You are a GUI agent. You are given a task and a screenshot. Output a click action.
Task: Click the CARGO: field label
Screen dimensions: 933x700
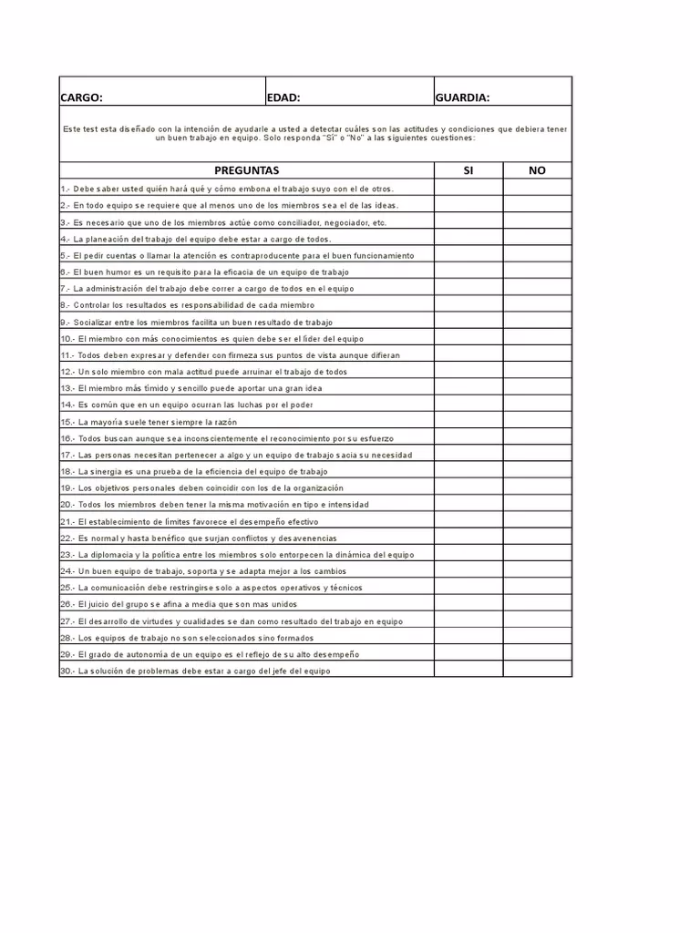(81, 97)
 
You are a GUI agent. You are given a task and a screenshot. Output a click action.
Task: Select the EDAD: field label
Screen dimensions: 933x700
(283, 97)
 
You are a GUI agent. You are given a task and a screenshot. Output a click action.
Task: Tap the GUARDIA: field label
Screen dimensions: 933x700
(463, 97)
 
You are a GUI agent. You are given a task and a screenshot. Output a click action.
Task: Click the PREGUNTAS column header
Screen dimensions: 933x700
(246, 170)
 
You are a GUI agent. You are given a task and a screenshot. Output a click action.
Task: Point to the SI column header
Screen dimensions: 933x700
(468, 170)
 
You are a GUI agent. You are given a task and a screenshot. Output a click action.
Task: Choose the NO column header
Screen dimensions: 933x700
(537, 170)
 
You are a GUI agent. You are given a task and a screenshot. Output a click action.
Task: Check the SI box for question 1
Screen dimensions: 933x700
(468, 189)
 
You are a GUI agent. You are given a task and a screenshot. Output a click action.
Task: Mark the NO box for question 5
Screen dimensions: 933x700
(537, 255)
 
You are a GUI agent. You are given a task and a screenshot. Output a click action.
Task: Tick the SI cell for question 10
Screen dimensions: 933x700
(468, 338)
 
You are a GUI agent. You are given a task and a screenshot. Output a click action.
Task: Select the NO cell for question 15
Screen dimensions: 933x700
(537, 421)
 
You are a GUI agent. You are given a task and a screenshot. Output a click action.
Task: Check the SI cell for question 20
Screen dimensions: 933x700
(468, 504)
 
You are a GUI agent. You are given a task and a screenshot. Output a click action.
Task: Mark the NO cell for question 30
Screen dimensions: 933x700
(537, 671)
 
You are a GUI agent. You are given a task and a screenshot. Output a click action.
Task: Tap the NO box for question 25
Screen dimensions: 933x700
(537, 588)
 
